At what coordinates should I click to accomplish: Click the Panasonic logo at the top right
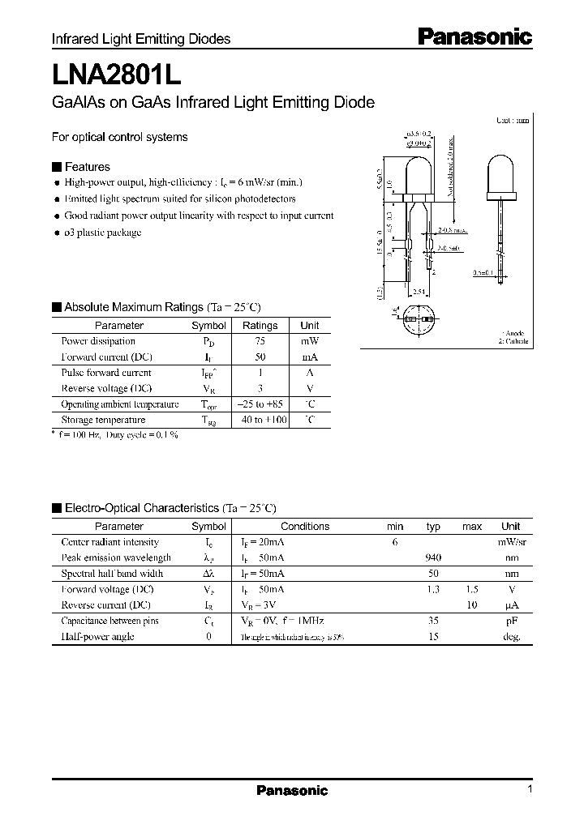pos(474,36)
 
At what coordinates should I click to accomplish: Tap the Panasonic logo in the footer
pos(292,790)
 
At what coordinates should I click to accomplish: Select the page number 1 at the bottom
pos(529,789)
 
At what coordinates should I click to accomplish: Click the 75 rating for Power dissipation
pos(260,341)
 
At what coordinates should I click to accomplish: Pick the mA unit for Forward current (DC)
pos(310,357)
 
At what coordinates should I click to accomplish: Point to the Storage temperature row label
pos(103,420)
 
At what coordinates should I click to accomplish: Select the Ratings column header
pos(260,325)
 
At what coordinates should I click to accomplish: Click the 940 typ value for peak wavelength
pos(433,557)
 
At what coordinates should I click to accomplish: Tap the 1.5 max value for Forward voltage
pos(471,589)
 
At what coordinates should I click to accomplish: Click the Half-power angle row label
pos(97,636)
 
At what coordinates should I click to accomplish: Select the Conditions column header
pos(305,526)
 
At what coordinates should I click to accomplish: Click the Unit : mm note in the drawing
pos(513,120)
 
